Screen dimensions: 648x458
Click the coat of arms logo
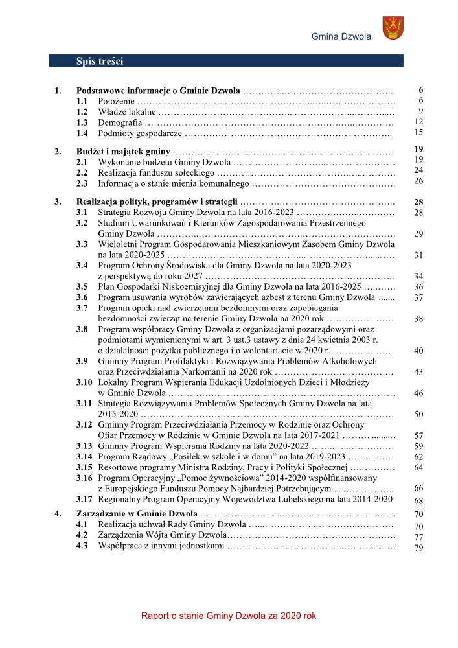(x=393, y=28)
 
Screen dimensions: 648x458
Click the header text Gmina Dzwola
(x=341, y=36)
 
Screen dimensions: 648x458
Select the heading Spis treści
(x=99, y=61)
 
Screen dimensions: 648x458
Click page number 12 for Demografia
(x=418, y=122)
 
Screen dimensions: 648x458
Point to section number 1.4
(x=82, y=133)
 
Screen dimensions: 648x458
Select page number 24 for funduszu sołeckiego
(x=418, y=170)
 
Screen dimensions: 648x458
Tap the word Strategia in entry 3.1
(x=115, y=213)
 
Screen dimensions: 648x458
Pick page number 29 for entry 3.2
(x=418, y=234)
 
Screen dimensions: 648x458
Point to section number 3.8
(x=82, y=329)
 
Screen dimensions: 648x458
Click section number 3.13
(x=84, y=446)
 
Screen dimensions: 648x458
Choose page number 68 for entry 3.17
(x=418, y=501)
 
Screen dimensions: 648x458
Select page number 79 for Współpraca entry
(x=418, y=548)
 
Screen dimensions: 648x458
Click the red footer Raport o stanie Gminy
(x=229, y=616)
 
